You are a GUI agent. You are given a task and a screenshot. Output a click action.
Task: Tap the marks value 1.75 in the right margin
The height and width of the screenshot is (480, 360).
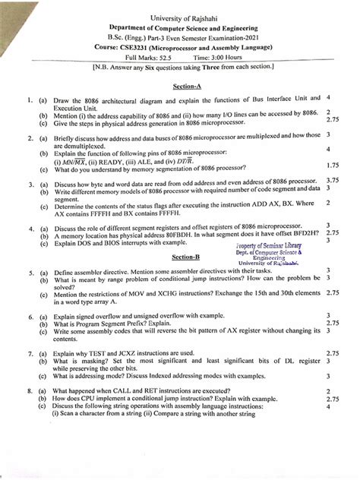(332, 165)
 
